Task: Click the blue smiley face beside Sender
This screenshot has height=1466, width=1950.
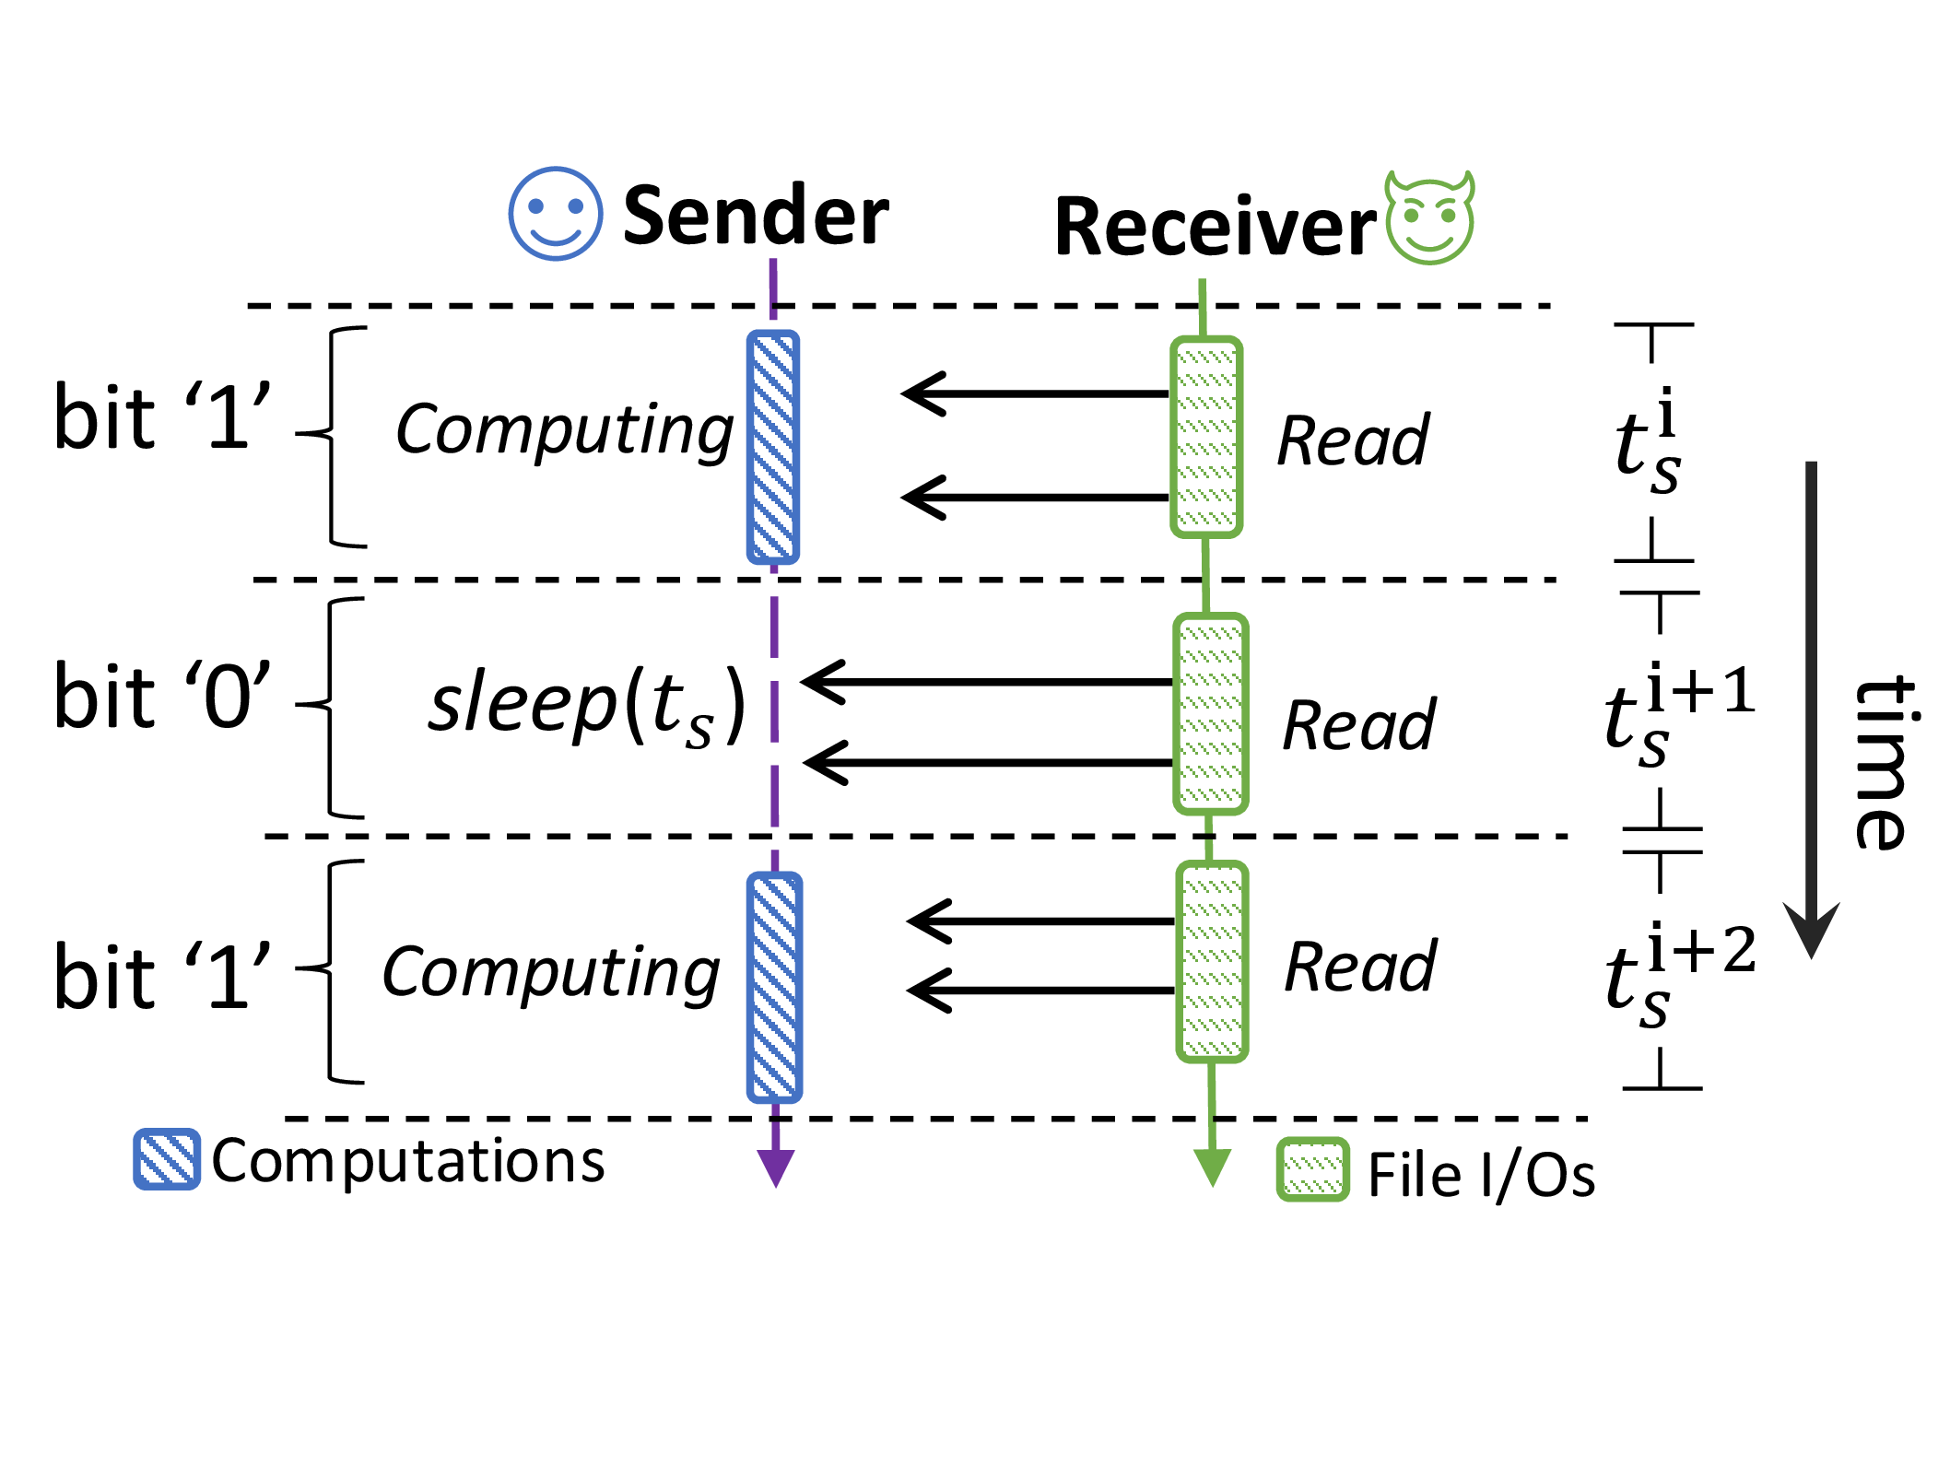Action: [556, 214]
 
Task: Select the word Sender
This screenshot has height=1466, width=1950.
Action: [756, 216]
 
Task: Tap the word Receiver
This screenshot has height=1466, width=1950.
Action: [1215, 227]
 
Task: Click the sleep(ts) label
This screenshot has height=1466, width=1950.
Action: [587, 706]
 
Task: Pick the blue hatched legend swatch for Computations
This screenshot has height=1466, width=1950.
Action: [167, 1159]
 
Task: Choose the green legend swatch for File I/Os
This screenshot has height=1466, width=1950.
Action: [1312, 1170]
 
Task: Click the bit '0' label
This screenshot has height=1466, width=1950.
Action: [162, 697]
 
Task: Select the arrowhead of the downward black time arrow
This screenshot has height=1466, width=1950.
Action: [1811, 931]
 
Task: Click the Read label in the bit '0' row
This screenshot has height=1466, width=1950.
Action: [1358, 726]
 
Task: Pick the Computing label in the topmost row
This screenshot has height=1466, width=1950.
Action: [564, 431]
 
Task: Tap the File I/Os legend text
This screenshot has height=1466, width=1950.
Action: [1481, 1176]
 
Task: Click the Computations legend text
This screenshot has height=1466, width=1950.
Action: [408, 1161]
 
